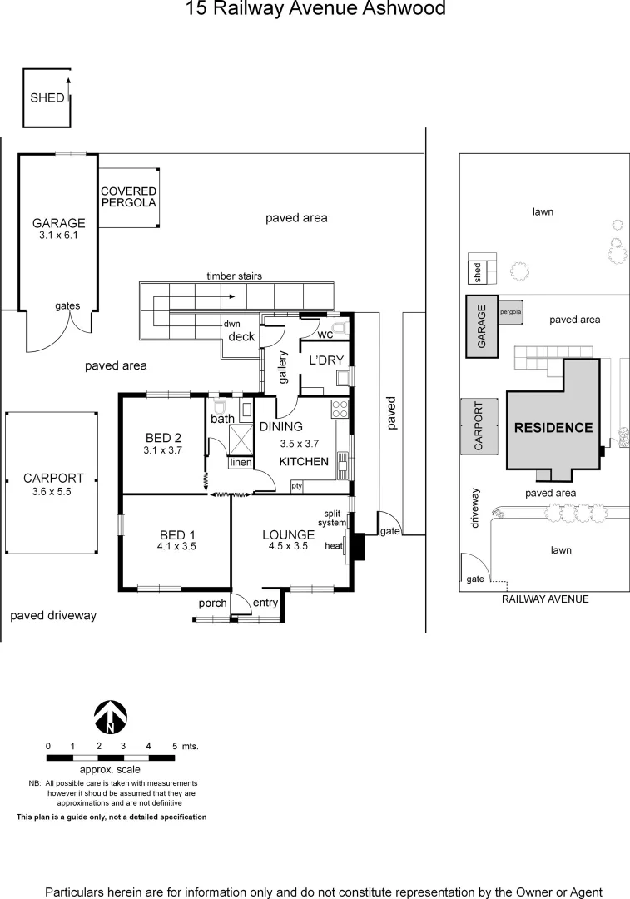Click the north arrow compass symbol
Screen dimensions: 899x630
pos(109,717)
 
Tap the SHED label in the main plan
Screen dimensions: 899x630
pos(47,97)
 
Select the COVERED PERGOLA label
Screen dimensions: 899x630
pos(128,196)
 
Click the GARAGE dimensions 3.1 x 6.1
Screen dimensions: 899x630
pos(58,236)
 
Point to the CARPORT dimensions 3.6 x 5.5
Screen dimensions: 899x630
pos(53,492)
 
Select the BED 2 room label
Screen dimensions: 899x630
pos(163,437)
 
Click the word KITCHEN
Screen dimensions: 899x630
pos(303,461)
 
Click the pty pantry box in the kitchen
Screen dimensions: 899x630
pos(296,485)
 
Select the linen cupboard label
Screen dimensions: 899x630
pos(241,462)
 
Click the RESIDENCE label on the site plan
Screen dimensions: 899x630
pos(553,428)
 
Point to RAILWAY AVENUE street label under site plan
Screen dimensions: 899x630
pos(544,599)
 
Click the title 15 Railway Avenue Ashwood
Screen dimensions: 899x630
pos(315,9)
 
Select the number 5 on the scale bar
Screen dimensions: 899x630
pos(174,746)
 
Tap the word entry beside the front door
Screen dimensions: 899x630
pos(265,603)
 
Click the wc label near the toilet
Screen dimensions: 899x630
pos(325,334)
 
